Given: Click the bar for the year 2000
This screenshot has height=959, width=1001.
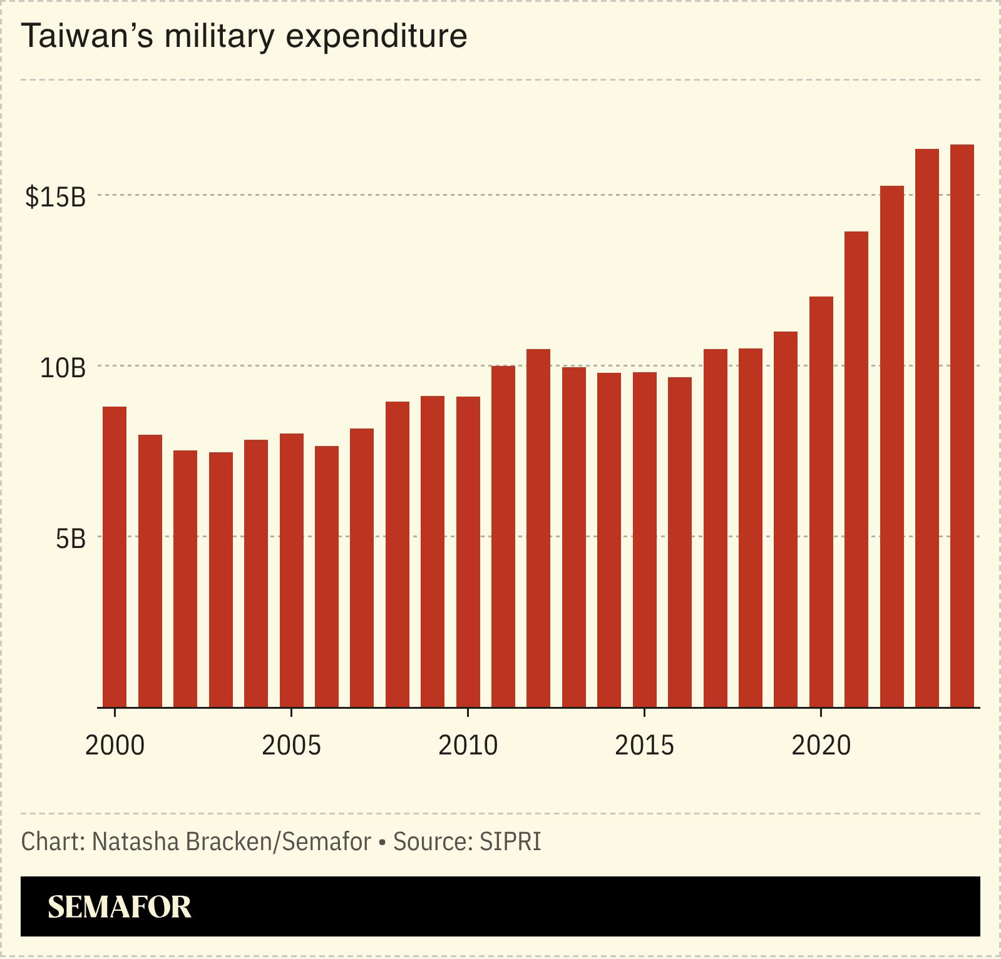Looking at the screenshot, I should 115,557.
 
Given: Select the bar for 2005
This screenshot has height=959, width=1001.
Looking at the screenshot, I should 291,570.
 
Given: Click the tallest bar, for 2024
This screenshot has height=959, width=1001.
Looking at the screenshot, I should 962,425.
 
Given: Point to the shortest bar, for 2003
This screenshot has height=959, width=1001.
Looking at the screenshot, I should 220,579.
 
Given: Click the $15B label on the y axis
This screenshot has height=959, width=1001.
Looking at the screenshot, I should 55,197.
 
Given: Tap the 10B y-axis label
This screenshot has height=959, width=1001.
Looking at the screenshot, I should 63,368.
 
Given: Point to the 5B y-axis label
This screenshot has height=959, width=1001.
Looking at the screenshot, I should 70,539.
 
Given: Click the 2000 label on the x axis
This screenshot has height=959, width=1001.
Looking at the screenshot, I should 115,746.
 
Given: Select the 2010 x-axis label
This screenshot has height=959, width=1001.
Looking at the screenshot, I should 468,746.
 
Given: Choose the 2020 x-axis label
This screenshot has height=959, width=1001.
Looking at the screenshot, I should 821,746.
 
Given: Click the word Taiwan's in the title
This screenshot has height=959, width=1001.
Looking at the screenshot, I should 87,36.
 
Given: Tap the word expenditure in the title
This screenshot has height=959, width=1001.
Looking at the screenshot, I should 376,36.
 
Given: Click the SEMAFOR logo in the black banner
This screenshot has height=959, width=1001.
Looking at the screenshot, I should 119,907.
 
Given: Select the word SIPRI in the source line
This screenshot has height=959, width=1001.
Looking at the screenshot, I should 510,842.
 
